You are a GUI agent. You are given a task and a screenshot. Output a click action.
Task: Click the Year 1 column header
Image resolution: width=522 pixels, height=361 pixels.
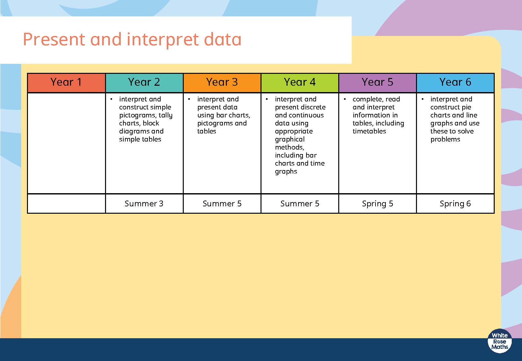click(66, 82)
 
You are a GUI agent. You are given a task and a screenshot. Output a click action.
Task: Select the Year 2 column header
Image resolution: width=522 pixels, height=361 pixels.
click(144, 82)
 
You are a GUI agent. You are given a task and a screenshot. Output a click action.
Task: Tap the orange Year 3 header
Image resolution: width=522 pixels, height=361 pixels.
click(222, 82)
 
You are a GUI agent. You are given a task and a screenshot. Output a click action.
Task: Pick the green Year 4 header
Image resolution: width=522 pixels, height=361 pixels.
click(300, 82)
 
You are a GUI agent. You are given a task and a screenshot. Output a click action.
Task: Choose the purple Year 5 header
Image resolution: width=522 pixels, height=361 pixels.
click(377, 82)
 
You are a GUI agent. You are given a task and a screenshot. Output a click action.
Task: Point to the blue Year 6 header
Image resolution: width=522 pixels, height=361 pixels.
click(456, 82)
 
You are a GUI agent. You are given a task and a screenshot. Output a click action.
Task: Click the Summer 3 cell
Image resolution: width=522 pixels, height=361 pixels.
click(144, 204)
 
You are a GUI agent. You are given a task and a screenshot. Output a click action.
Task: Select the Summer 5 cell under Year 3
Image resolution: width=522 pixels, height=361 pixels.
click(222, 204)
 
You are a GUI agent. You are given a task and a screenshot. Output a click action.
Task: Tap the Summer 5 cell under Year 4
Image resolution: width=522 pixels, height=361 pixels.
click(300, 204)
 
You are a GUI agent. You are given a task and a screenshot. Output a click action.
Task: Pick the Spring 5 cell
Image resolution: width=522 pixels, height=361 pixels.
click(377, 204)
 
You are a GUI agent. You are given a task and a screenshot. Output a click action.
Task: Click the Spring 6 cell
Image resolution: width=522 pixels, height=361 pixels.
click(456, 204)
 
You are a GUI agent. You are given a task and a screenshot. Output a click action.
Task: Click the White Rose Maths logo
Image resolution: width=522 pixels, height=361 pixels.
click(500, 341)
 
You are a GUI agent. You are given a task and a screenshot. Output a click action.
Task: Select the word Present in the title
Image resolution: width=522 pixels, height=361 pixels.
click(54, 39)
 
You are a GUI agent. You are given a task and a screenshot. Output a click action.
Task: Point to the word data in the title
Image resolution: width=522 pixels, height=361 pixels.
click(223, 39)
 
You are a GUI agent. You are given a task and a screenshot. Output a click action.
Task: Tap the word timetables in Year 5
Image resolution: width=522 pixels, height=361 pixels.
click(369, 131)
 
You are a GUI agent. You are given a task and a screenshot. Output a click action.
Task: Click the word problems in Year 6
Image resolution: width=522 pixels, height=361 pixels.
click(445, 140)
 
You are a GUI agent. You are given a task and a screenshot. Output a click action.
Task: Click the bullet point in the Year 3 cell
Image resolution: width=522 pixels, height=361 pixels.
click(189, 99)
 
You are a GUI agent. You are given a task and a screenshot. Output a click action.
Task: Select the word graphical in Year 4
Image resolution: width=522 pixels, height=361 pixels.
click(290, 140)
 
